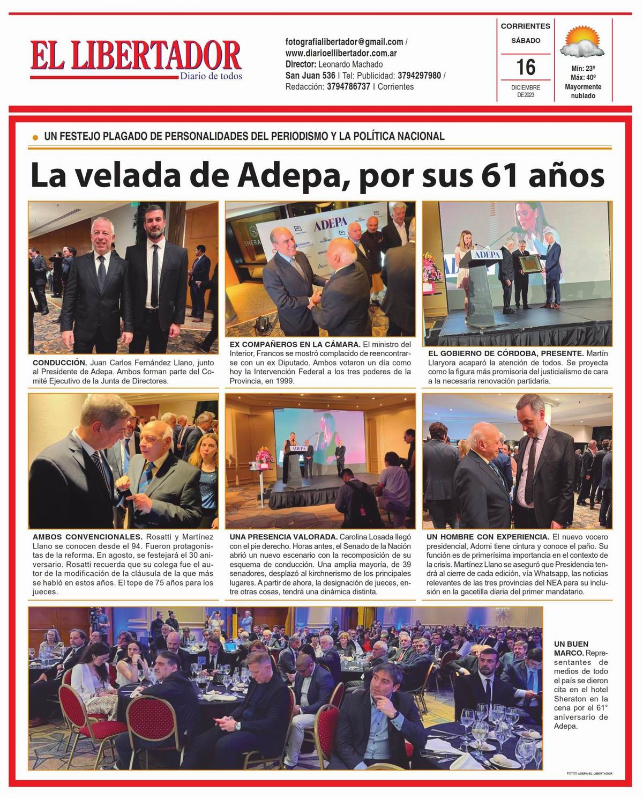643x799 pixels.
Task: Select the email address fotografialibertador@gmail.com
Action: pos(344,42)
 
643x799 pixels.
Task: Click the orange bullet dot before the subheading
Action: pos(35,137)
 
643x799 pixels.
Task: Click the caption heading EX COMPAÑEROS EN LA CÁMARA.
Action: pos(295,344)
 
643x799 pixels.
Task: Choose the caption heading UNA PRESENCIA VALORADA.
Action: pos(283,537)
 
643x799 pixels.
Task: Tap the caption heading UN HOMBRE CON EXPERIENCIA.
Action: pos(488,537)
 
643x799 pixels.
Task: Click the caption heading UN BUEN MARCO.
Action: pos(571,648)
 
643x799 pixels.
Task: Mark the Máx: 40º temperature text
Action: pos(583,78)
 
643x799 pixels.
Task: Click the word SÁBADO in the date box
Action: pos(525,41)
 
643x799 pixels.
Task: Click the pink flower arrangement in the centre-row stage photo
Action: pos(265,456)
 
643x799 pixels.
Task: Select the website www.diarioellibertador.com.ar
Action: pos(341,53)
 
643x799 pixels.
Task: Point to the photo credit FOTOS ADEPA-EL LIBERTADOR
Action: pos(589,773)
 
